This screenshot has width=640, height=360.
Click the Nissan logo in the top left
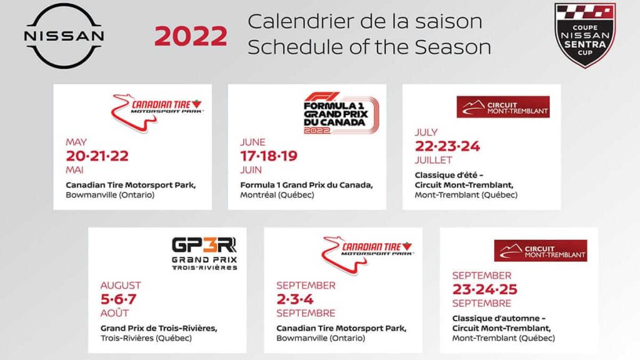(64, 36)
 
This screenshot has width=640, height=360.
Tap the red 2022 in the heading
(191, 37)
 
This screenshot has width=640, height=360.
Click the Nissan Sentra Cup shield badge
(585, 36)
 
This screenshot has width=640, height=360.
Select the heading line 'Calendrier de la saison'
(365, 21)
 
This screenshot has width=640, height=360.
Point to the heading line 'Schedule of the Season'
(369, 47)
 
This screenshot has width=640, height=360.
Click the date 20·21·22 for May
(97, 156)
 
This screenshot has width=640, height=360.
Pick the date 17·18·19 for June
(269, 156)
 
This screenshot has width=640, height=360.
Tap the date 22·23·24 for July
(447, 146)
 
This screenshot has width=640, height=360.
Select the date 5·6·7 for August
(118, 299)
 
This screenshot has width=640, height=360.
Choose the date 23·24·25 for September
(484, 289)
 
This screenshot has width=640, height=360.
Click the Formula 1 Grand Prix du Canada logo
(341, 113)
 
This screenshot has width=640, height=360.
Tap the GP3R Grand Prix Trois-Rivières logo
(204, 252)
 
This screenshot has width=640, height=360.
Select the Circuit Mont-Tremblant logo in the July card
(503, 107)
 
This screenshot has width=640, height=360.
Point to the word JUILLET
(434, 160)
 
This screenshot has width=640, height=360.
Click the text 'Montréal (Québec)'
(277, 195)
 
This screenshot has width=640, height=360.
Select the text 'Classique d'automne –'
(491, 319)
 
